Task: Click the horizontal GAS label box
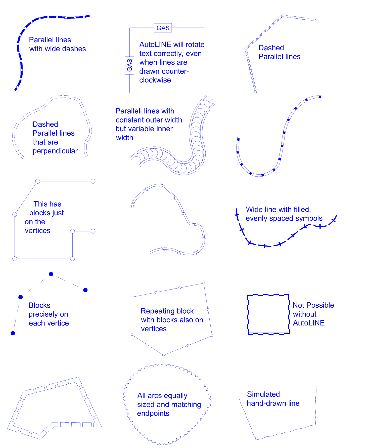point(163,28)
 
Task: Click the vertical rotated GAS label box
point(129,65)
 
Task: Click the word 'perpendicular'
point(55,151)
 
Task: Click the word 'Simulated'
point(263,394)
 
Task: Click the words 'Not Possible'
point(313,305)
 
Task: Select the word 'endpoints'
point(153,414)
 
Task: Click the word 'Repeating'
point(157,311)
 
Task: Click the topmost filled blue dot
point(51,274)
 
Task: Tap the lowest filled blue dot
point(13,333)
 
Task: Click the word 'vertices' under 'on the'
point(38,231)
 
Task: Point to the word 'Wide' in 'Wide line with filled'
point(253,210)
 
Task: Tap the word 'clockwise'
point(155,80)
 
